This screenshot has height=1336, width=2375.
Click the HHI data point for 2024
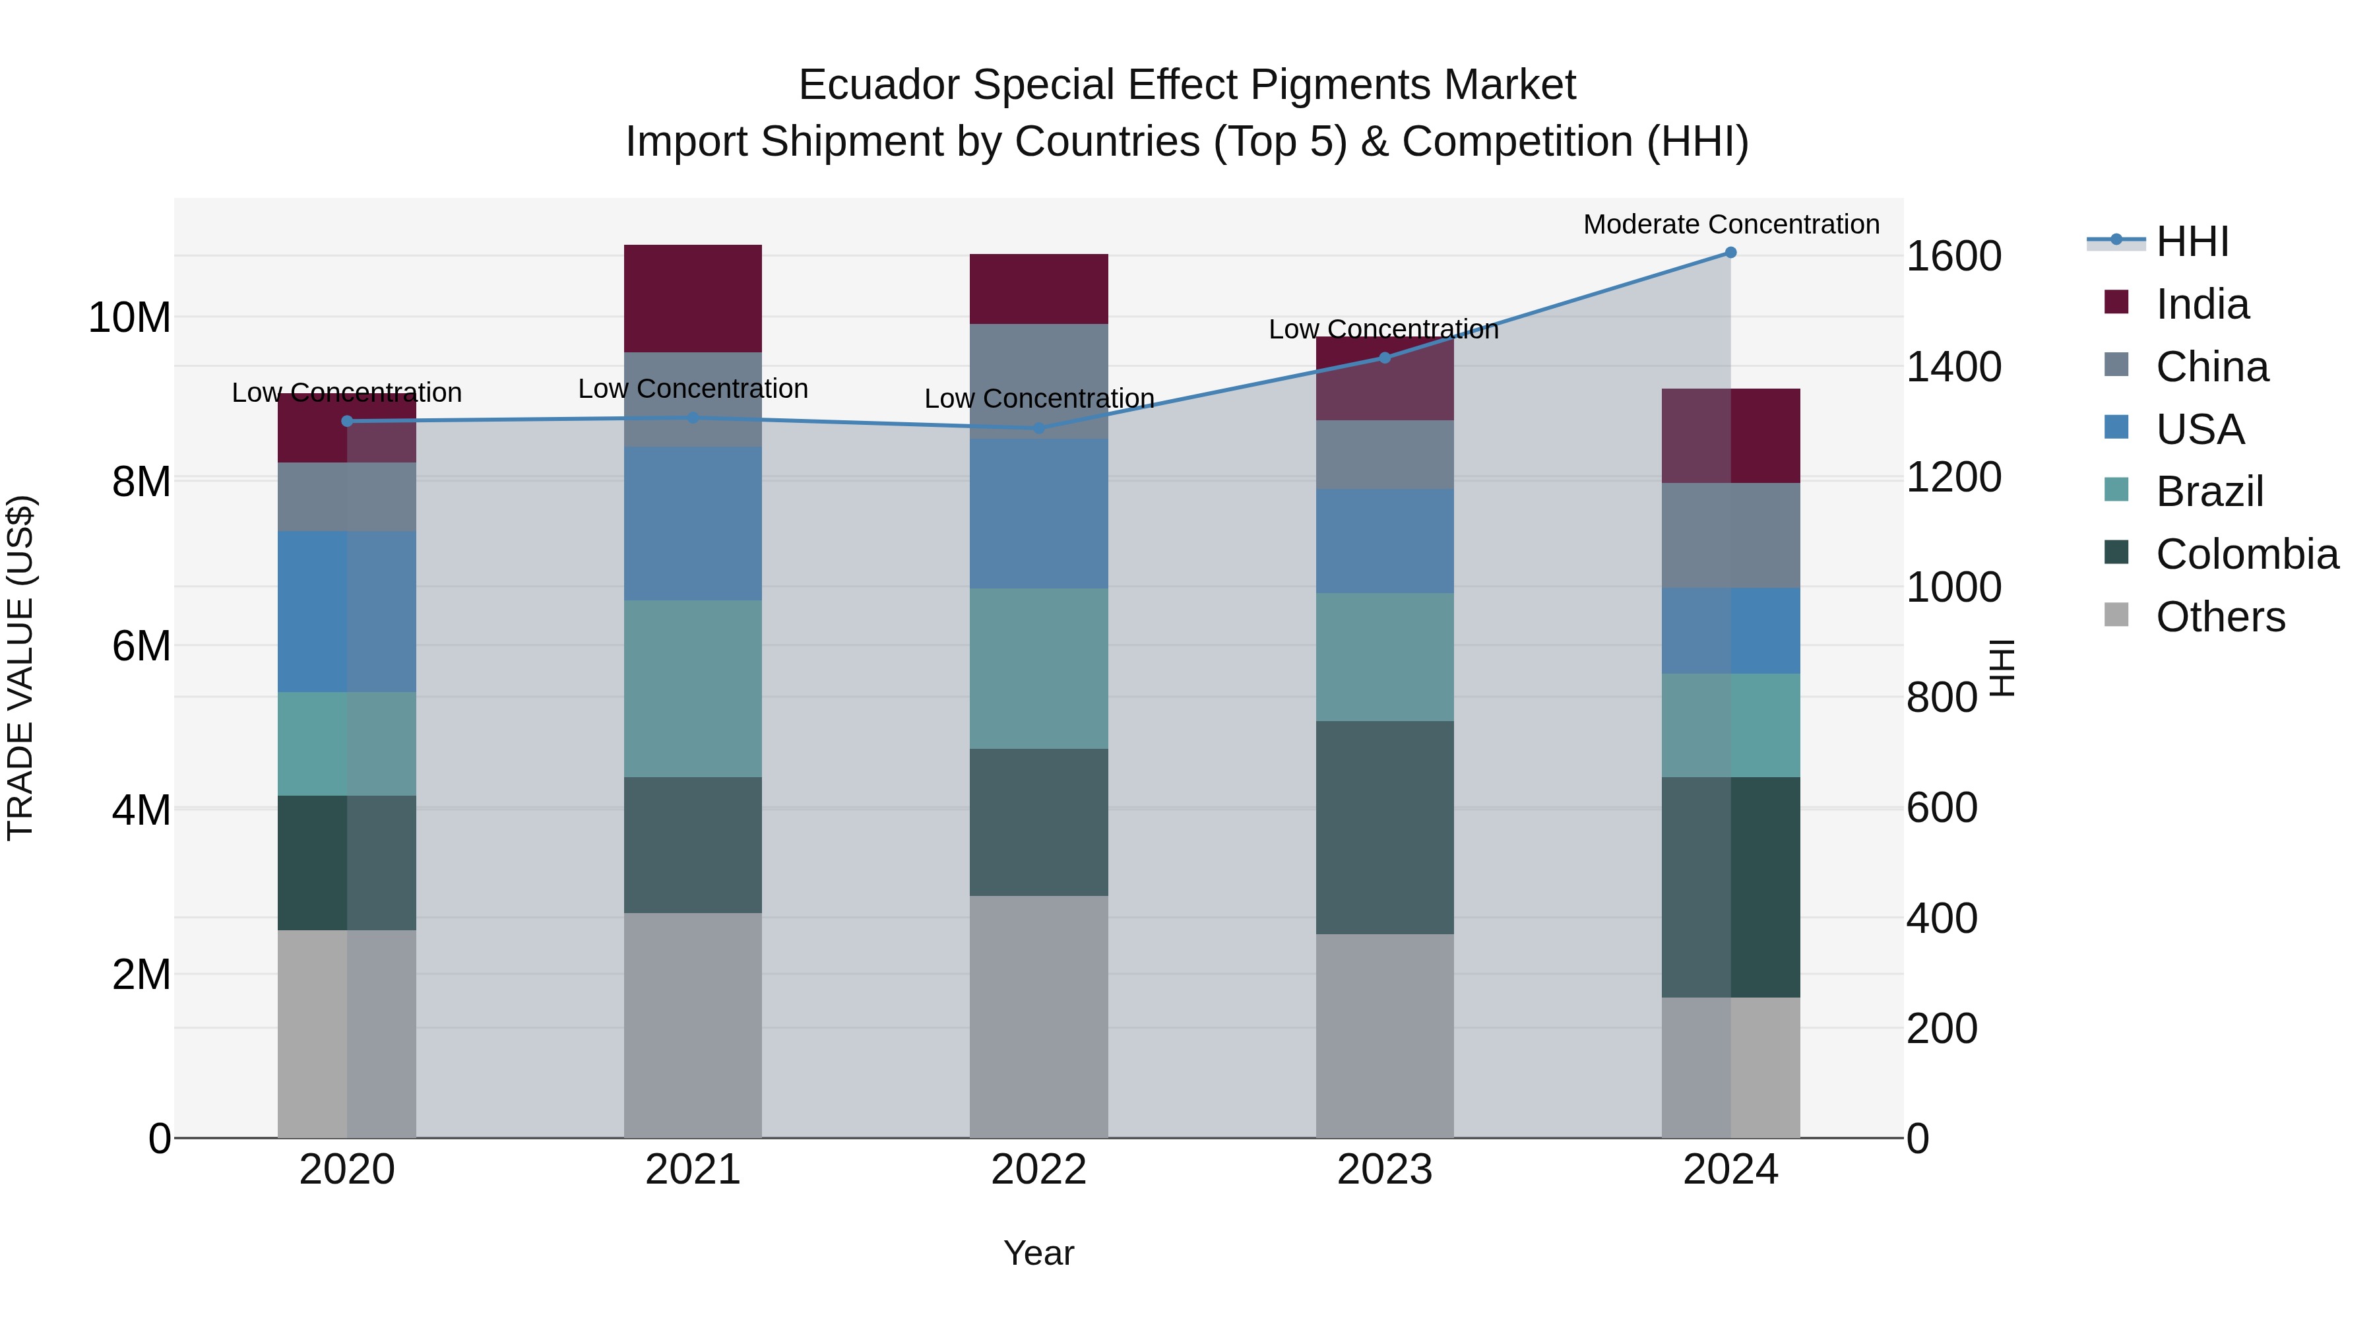point(1730,253)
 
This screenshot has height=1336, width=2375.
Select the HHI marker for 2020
point(346,422)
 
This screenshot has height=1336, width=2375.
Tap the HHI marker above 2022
point(1039,429)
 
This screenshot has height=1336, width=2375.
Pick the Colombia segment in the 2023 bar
point(1384,827)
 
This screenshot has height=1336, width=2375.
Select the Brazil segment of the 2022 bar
point(1039,668)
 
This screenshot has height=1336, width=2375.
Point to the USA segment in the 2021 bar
point(693,524)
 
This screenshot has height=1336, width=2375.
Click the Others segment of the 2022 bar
point(1039,1016)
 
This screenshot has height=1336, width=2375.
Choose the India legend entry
point(2201,304)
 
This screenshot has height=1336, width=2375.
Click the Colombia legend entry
point(2246,554)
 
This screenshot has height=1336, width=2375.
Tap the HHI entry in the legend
point(2192,241)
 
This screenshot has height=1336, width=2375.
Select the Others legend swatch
point(2117,615)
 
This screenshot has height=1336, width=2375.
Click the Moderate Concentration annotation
point(1730,224)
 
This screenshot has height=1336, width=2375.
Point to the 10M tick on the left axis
point(129,317)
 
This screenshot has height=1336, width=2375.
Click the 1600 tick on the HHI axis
point(1953,257)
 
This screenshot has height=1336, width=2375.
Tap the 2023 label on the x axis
point(1384,1170)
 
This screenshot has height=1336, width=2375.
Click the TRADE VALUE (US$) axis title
point(20,668)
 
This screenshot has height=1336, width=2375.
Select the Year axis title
point(1038,1253)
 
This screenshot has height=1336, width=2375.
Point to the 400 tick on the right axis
point(1941,918)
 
